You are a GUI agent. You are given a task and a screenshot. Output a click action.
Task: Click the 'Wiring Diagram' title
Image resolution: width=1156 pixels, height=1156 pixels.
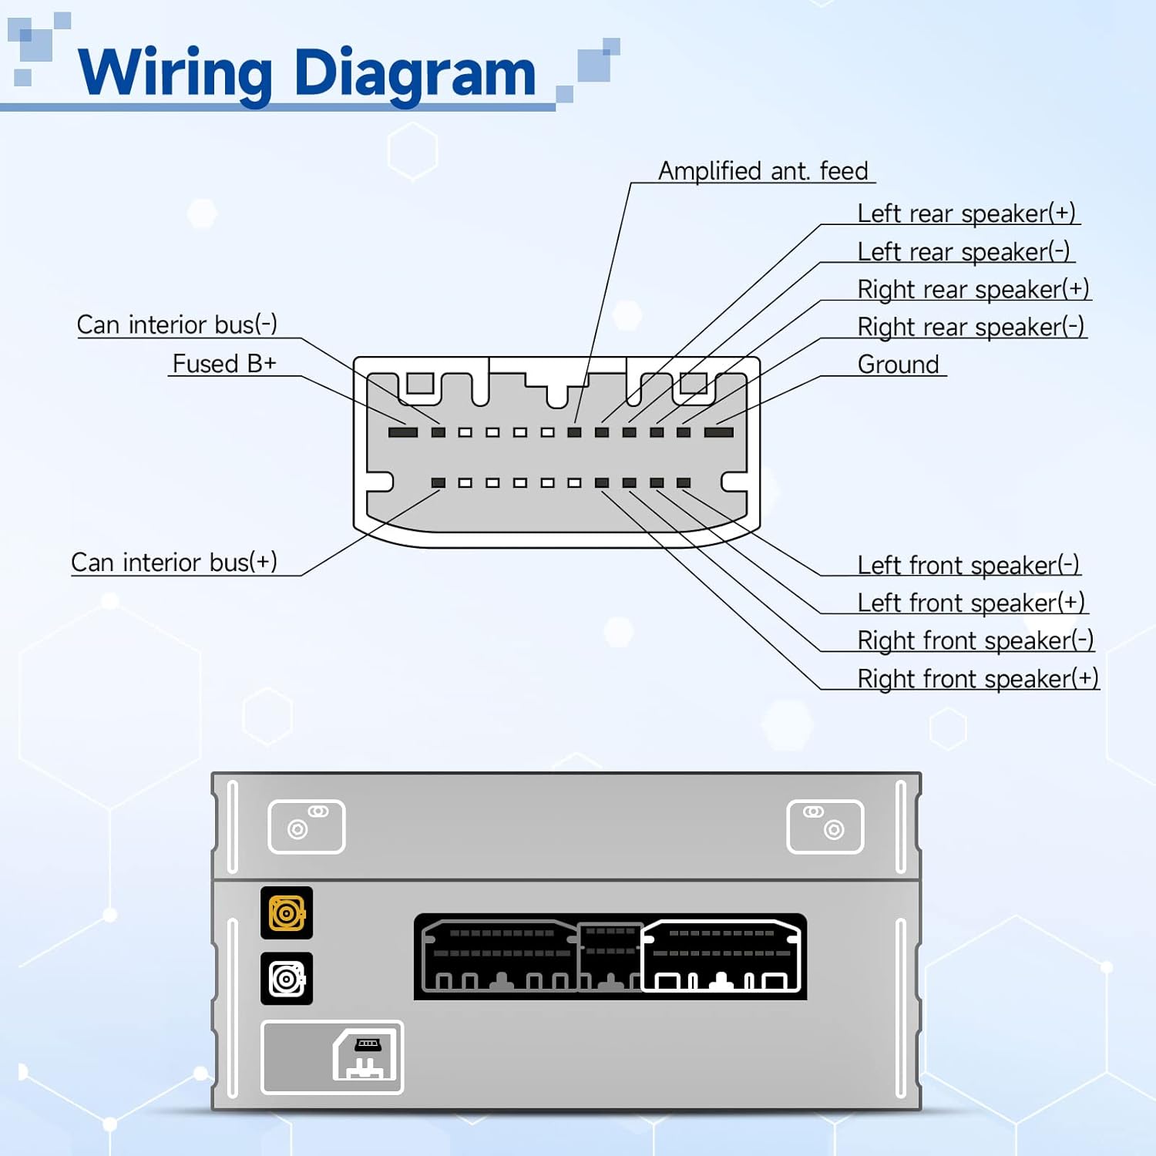(x=307, y=73)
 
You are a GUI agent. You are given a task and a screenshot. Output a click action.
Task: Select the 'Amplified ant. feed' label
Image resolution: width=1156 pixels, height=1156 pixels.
(x=762, y=170)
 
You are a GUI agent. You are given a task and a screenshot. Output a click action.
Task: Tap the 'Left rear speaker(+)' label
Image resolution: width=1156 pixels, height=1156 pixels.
(x=966, y=213)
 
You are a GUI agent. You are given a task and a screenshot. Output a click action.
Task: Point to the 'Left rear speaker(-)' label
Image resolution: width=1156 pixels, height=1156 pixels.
(x=963, y=251)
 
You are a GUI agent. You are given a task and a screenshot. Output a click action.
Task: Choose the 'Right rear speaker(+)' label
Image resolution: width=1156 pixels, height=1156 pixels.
(x=973, y=289)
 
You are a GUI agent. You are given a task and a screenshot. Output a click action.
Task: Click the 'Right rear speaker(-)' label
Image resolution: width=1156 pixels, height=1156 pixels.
(x=970, y=327)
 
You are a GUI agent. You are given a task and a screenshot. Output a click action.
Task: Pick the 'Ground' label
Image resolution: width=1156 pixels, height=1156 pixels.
(x=898, y=365)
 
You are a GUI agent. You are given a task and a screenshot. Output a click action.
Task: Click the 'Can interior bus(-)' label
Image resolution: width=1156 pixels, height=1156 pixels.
(x=176, y=324)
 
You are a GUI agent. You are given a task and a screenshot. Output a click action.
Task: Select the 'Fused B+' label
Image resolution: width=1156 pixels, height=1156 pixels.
(x=223, y=364)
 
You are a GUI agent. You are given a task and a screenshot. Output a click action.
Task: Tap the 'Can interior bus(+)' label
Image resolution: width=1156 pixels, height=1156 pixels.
(x=174, y=563)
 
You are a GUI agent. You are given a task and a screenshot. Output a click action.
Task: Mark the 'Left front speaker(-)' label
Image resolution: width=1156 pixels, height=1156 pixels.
(x=968, y=565)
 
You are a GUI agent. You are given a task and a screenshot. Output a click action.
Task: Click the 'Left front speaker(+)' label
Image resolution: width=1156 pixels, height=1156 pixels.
(x=970, y=603)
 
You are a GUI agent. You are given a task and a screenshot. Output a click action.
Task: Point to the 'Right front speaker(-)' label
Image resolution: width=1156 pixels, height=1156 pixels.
(x=975, y=640)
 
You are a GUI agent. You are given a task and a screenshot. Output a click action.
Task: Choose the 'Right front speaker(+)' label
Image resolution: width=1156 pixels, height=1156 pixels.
(x=977, y=679)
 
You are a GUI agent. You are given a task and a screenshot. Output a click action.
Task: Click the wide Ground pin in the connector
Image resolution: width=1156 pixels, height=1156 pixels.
(x=718, y=432)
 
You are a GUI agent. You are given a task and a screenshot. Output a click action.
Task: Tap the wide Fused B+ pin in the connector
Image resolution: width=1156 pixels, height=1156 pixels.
(x=402, y=432)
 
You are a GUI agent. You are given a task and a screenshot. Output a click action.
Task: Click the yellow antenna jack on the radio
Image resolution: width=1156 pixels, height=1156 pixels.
(x=287, y=913)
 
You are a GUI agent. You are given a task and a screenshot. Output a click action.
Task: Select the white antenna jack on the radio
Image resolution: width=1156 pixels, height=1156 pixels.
(x=287, y=979)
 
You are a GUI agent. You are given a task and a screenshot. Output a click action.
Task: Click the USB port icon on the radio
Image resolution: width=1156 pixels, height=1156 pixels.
(x=366, y=1057)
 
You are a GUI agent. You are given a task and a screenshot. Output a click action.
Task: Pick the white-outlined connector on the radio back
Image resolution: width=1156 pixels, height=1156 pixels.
(x=721, y=956)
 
